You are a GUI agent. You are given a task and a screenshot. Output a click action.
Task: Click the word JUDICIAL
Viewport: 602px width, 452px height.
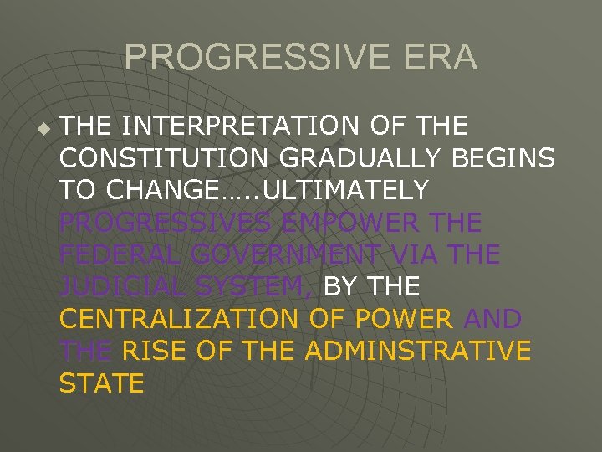(117, 287)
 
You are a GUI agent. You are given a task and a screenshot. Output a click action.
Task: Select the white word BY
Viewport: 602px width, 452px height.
(340, 287)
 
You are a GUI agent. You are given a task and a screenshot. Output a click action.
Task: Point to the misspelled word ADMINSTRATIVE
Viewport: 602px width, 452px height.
(418, 352)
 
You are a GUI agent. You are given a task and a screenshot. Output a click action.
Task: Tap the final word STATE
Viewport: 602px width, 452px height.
(102, 383)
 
